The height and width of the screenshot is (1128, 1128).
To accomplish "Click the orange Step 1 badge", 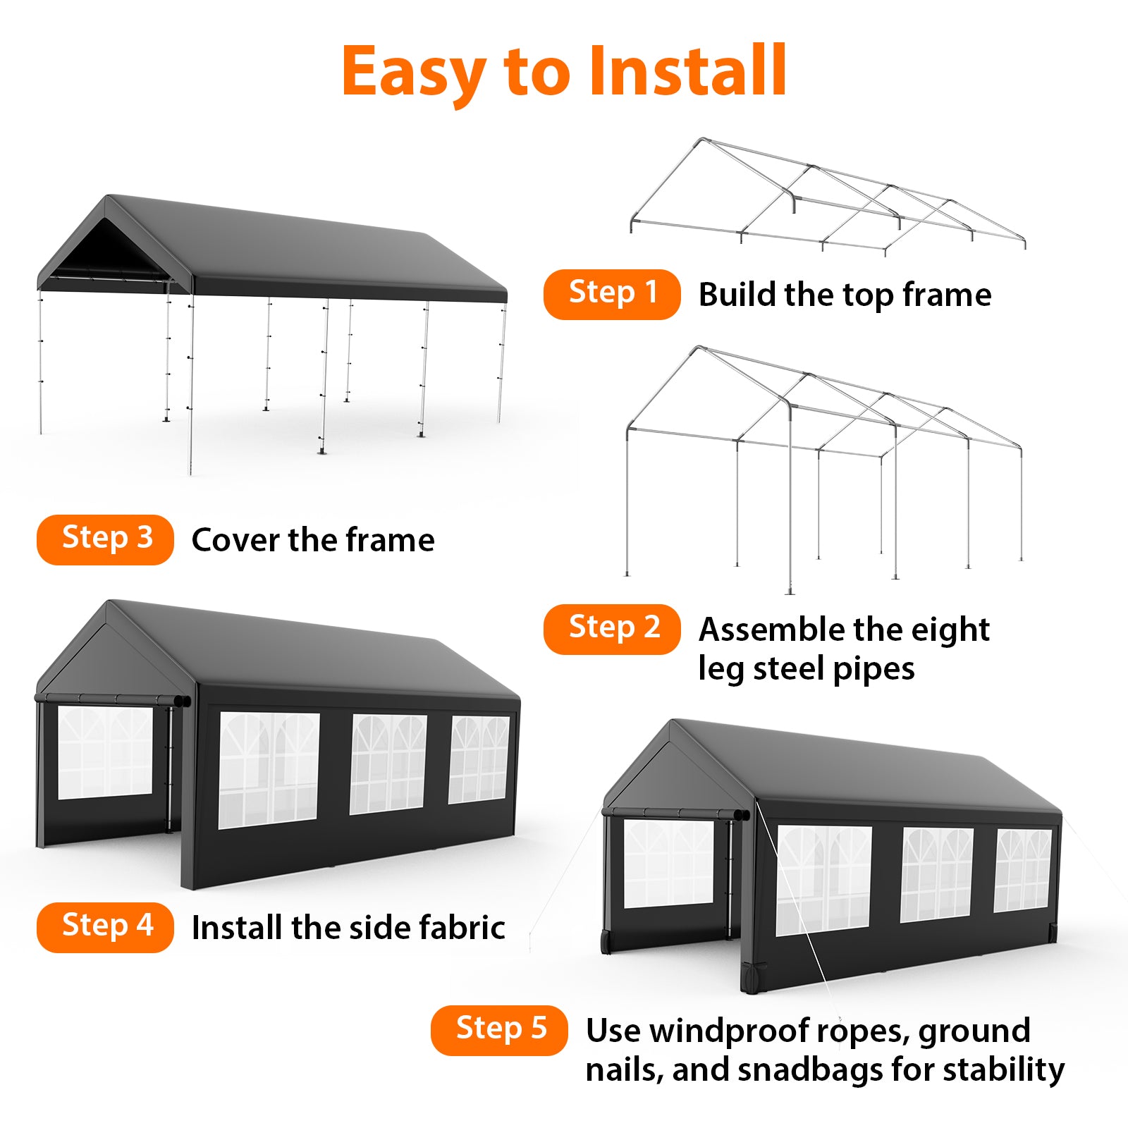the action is [611, 294].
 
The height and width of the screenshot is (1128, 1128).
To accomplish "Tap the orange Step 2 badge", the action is [611, 629].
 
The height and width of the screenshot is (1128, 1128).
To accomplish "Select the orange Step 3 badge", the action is [105, 539].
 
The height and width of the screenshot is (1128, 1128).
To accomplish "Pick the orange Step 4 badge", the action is [105, 927].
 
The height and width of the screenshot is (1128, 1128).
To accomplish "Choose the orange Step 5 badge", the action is [499, 1030].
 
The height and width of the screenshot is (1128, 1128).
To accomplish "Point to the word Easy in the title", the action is [415, 72].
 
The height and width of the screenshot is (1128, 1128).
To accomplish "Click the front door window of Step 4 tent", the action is [105, 752].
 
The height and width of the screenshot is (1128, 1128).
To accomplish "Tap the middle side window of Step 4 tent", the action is [388, 764].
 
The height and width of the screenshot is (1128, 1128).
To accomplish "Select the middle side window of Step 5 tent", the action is [936, 874].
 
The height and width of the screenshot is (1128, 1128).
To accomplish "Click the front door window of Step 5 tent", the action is [668, 864].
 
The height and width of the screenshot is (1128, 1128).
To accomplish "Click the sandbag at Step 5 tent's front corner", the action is [752, 979].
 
